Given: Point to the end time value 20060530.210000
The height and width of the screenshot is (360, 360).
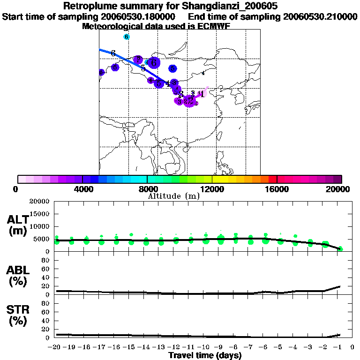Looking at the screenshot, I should tap(320, 17).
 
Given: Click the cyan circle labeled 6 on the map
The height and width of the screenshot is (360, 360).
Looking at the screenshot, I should tap(126, 37).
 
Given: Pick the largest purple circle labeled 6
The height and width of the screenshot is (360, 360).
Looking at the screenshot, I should tap(154, 62).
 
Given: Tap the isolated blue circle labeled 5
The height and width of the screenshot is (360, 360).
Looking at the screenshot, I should tap(172, 68).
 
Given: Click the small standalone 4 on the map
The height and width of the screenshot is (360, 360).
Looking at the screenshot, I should tap(203, 73).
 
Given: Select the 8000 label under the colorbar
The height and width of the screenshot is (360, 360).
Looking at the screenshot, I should tap(147, 189).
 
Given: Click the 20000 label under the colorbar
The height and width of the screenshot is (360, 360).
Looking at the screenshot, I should tap(339, 189).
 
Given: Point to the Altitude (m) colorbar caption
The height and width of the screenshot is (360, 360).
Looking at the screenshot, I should tap(174, 196).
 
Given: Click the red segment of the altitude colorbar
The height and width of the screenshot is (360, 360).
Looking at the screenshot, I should tap(272, 179).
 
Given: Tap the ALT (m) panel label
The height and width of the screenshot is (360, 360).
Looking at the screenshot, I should tap(18, 225).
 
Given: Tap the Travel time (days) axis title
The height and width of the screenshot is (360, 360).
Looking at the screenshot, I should tap(205, 356).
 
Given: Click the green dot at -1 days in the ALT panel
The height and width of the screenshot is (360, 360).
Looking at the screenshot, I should tap(340, 249).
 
